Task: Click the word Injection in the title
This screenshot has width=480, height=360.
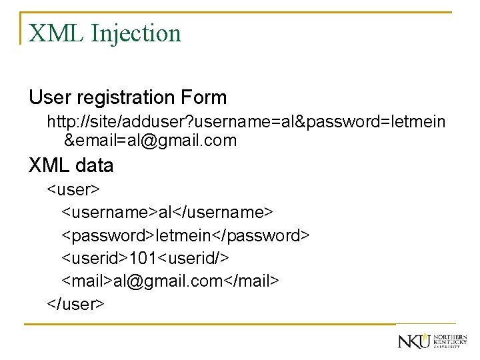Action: pos(139,33)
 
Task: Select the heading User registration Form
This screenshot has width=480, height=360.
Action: pos(127,97)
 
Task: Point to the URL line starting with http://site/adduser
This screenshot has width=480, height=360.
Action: pos(246,122)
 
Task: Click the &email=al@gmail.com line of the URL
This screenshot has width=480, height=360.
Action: pos(150,141)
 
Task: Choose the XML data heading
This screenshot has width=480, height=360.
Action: pos(71,165)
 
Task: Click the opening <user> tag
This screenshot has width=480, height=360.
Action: pos(73,190)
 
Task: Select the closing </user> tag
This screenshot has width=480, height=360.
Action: pos(75,304)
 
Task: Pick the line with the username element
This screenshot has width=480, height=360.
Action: pos(167,213)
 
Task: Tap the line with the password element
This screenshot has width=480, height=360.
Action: pos(186,235)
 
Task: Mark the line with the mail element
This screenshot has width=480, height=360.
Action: pos(171,281)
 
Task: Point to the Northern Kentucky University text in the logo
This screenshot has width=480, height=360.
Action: pos(450,341)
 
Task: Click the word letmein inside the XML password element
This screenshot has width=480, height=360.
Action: pos(181,235)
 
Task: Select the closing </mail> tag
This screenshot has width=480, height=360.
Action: pos(251,281)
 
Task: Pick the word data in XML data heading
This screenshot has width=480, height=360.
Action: pos(93,165)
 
